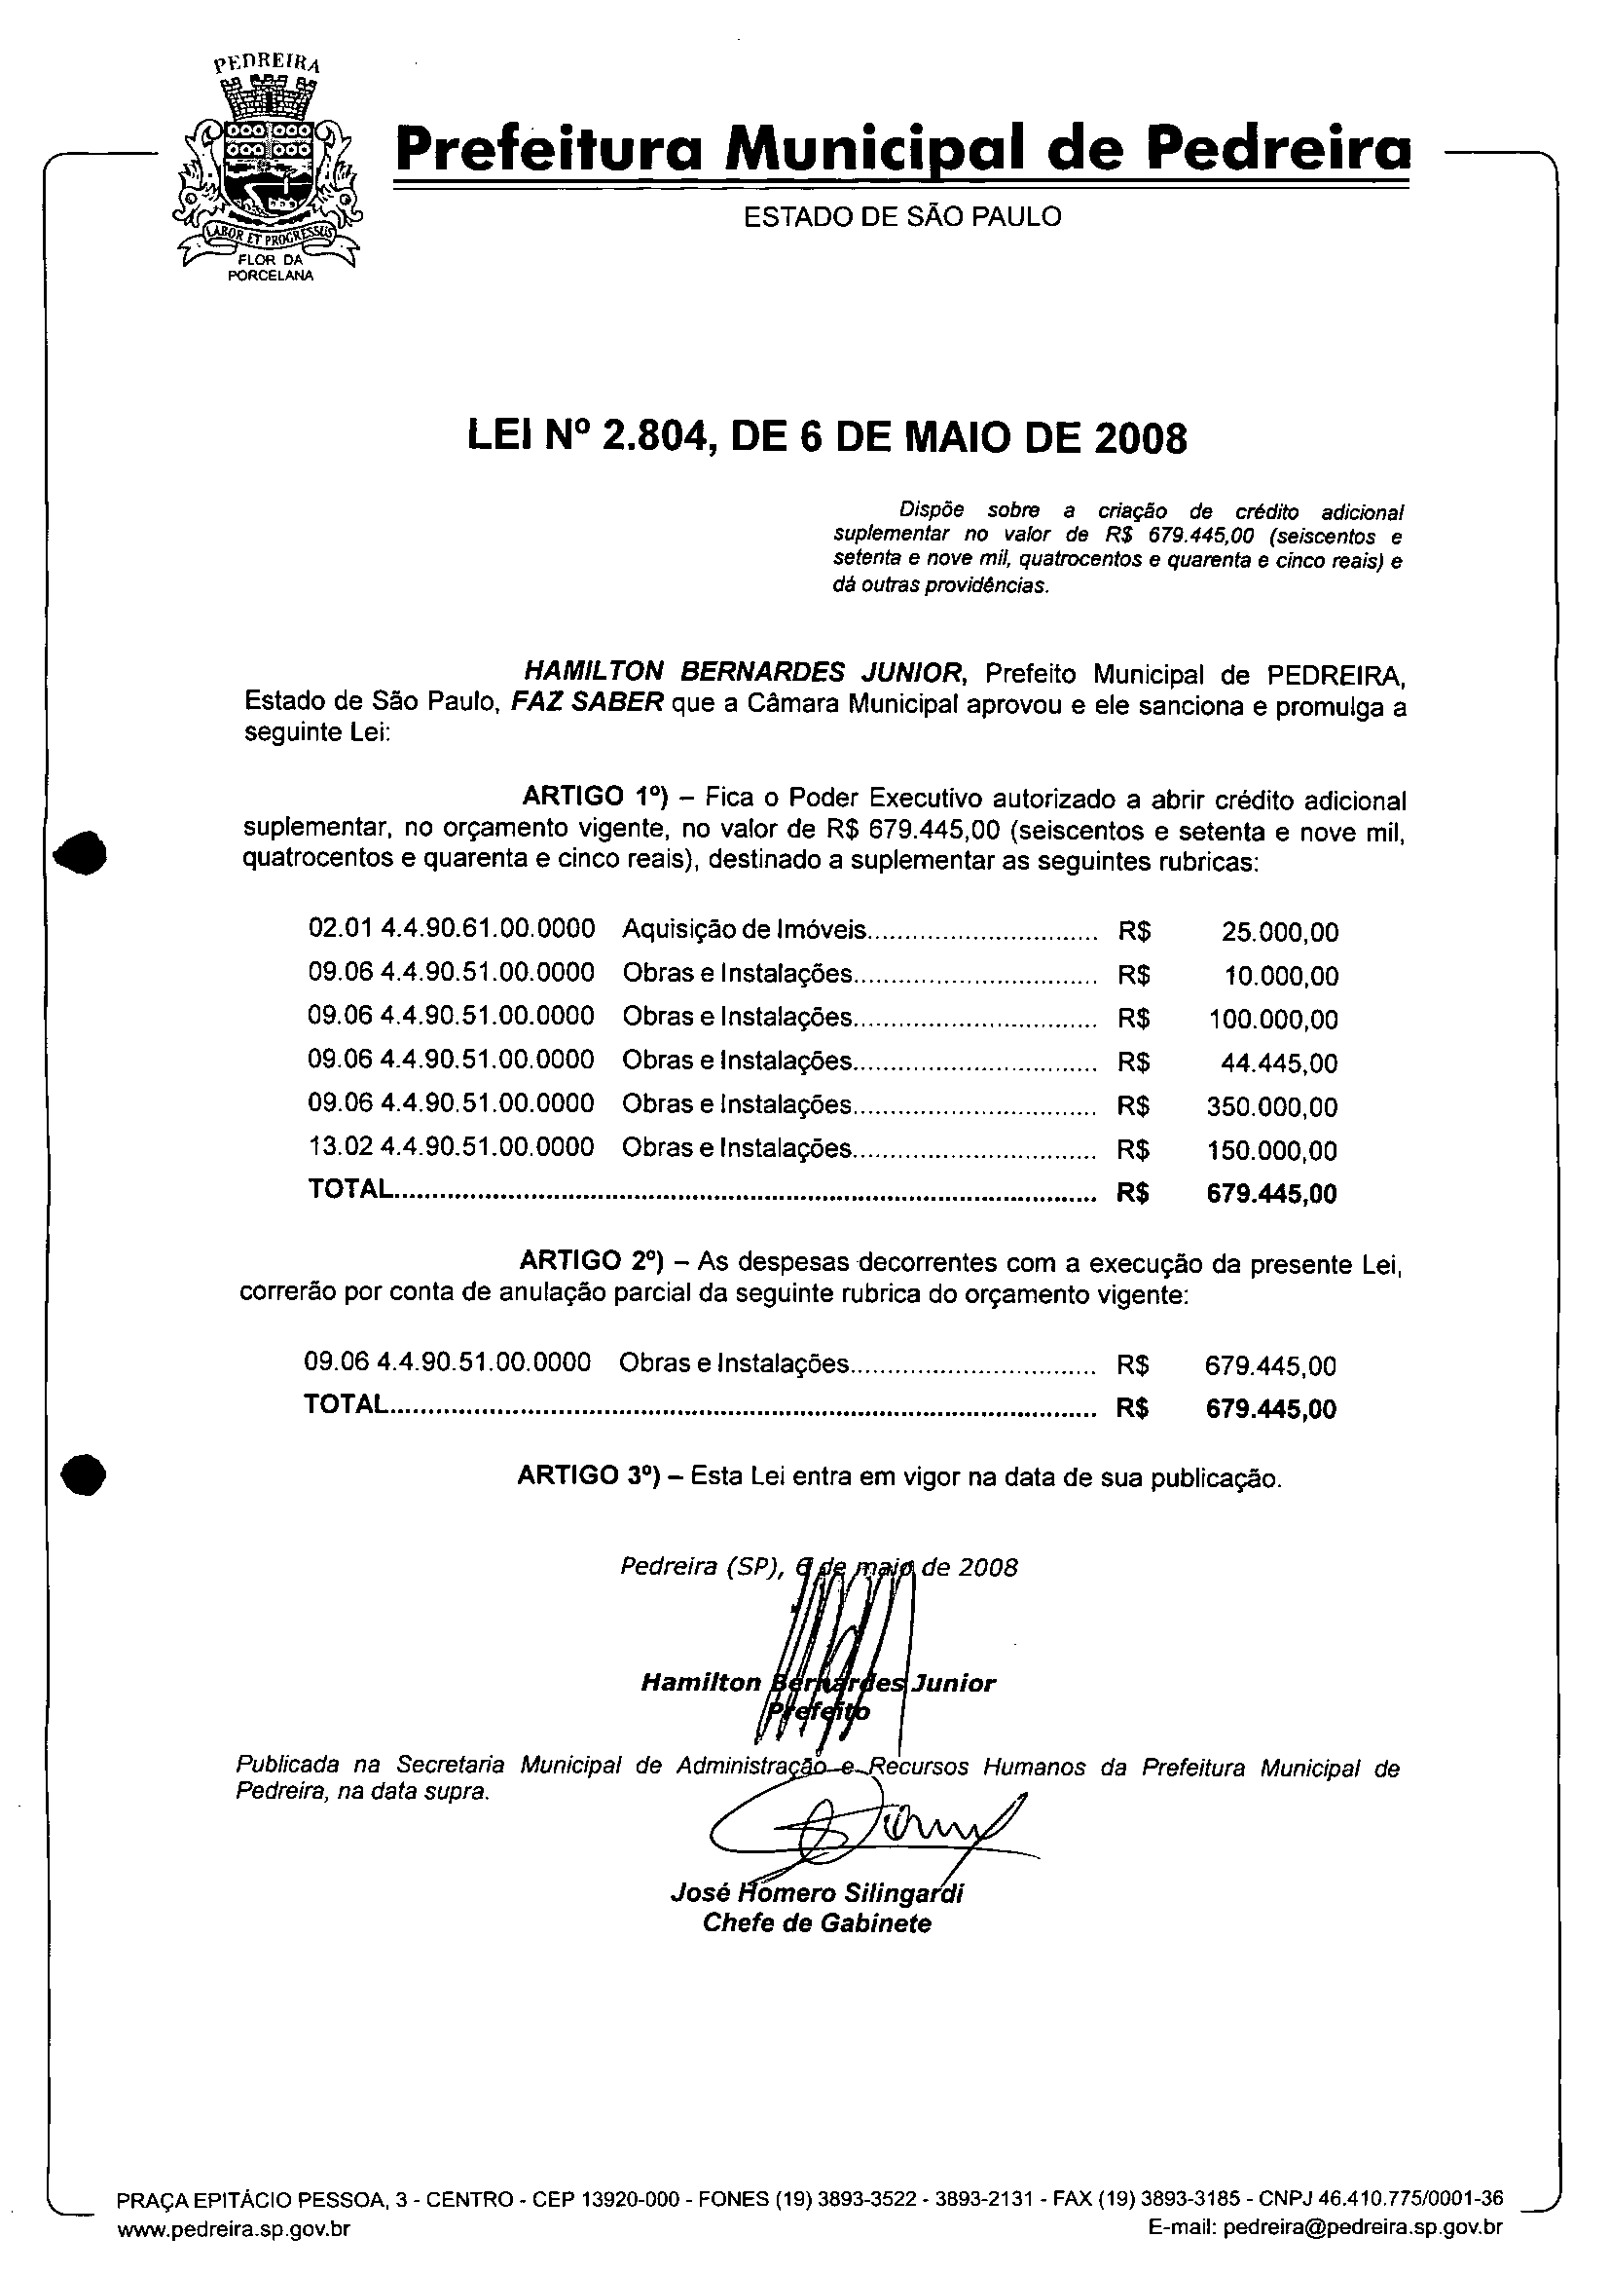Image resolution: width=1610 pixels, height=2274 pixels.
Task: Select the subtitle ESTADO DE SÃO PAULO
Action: (902, 216)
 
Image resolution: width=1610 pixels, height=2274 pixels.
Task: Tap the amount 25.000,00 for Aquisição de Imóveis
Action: (1280, 932)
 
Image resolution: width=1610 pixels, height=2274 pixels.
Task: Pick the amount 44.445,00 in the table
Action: (1279, 1064)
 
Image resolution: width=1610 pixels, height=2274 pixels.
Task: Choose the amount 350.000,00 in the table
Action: (1272, 1107)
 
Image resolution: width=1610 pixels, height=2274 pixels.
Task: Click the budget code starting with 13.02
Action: (451, 1147)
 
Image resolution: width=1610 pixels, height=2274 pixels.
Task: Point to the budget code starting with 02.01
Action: (452, 929)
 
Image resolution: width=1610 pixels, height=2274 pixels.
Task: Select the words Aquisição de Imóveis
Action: (745, 930)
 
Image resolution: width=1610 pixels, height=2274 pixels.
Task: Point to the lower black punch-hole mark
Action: (84, 1473)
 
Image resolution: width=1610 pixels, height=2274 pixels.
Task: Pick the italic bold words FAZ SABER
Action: (586, 703)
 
